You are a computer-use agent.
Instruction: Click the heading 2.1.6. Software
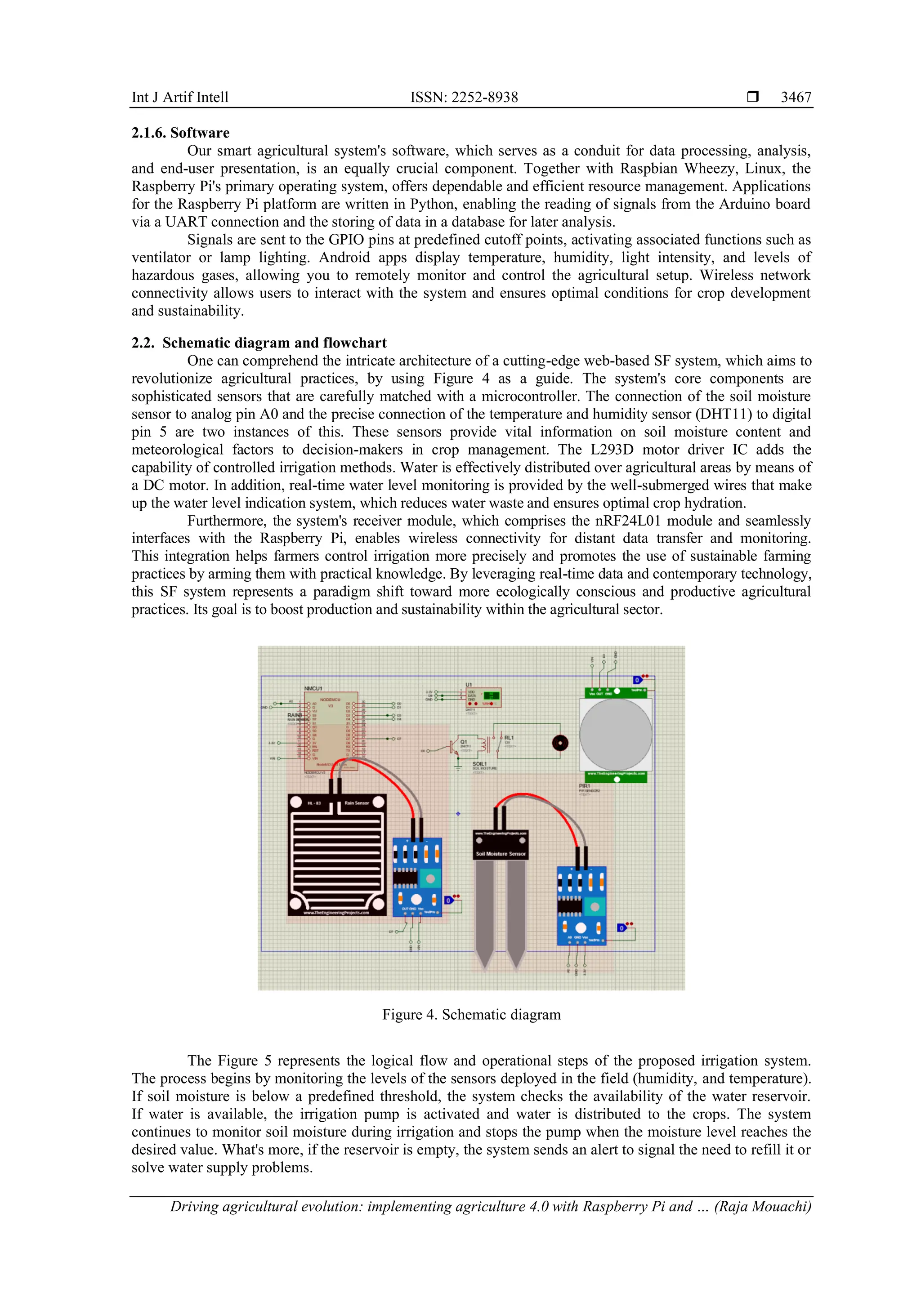[x=180, y=133]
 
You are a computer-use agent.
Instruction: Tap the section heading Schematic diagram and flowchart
[x=274, y=343]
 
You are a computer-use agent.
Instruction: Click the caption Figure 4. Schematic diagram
[x=471, y=1015]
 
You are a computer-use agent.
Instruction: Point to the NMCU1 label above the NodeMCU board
[x=313, y=688]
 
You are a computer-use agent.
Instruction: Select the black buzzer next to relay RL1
[x=560, y=743]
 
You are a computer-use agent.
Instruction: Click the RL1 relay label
[x=509, y=738]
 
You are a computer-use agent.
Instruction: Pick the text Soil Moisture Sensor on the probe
[x=501, y=853]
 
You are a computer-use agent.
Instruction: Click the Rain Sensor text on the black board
[x=356, y=803]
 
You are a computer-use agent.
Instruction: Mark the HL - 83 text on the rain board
[x=313, y=803]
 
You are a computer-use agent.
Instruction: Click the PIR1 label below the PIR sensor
[x=584, y=786]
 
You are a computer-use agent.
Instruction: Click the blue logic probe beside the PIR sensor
[x=637, y=680]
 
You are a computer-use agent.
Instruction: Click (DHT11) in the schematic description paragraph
[x=724, y=414]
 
